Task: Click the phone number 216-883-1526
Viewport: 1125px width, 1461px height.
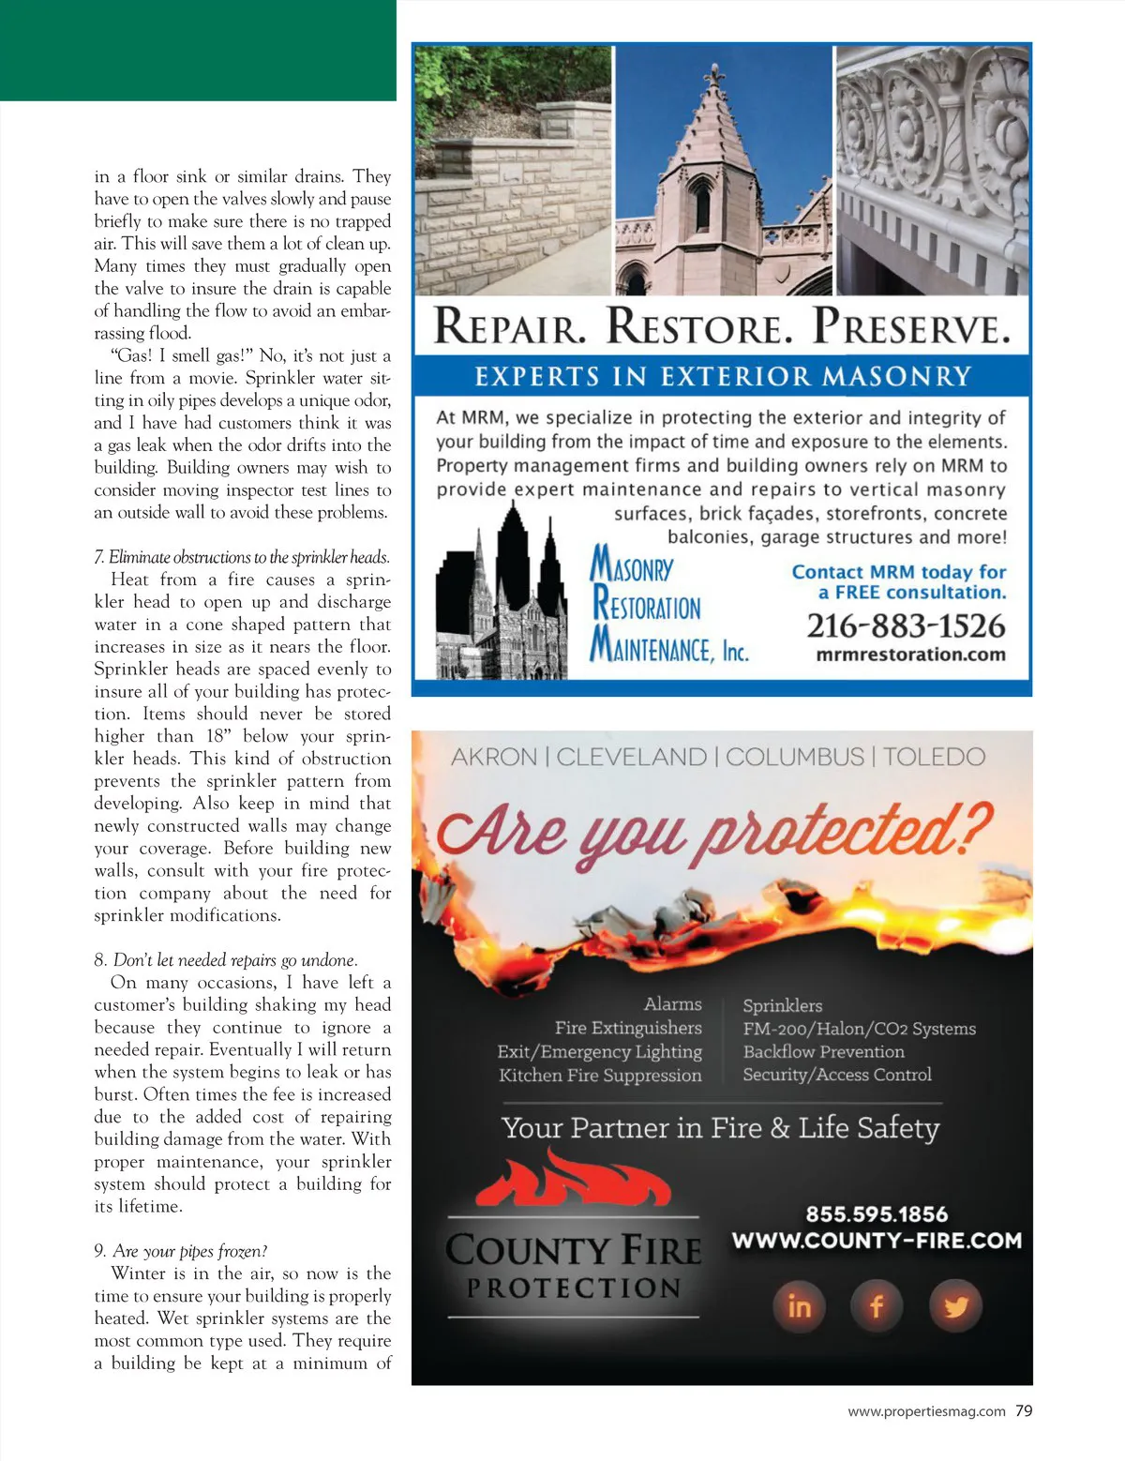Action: coord(906,625)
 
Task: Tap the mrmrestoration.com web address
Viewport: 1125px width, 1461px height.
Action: coord(910,655)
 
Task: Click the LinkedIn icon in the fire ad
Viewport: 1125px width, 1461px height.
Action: coord(799,1305)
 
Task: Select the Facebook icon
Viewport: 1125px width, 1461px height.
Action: coord(877,1305)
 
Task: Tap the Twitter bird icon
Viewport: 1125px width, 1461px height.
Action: coord(955,1305)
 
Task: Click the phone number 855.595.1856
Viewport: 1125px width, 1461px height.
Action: coord(877,1214)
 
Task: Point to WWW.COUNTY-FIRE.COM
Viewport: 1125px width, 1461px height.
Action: coord(877,1241)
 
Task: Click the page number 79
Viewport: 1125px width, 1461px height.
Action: coord(1024,1410)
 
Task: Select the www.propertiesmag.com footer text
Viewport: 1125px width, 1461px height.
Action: coord(926,1411)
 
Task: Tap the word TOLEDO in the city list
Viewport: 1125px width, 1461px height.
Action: coord(934,757)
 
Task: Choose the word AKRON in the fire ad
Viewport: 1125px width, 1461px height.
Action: coord(494,757)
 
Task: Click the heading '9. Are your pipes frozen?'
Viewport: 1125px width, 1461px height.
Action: coord(181,1251)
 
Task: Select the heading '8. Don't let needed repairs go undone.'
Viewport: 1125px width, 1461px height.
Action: coord(226,960)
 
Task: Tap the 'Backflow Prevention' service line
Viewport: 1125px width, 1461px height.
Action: coord(823,1051)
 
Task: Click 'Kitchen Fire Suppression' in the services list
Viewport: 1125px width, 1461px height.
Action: coord(600,1075)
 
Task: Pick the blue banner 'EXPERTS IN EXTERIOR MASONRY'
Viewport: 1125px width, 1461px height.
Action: coord(722,376)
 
